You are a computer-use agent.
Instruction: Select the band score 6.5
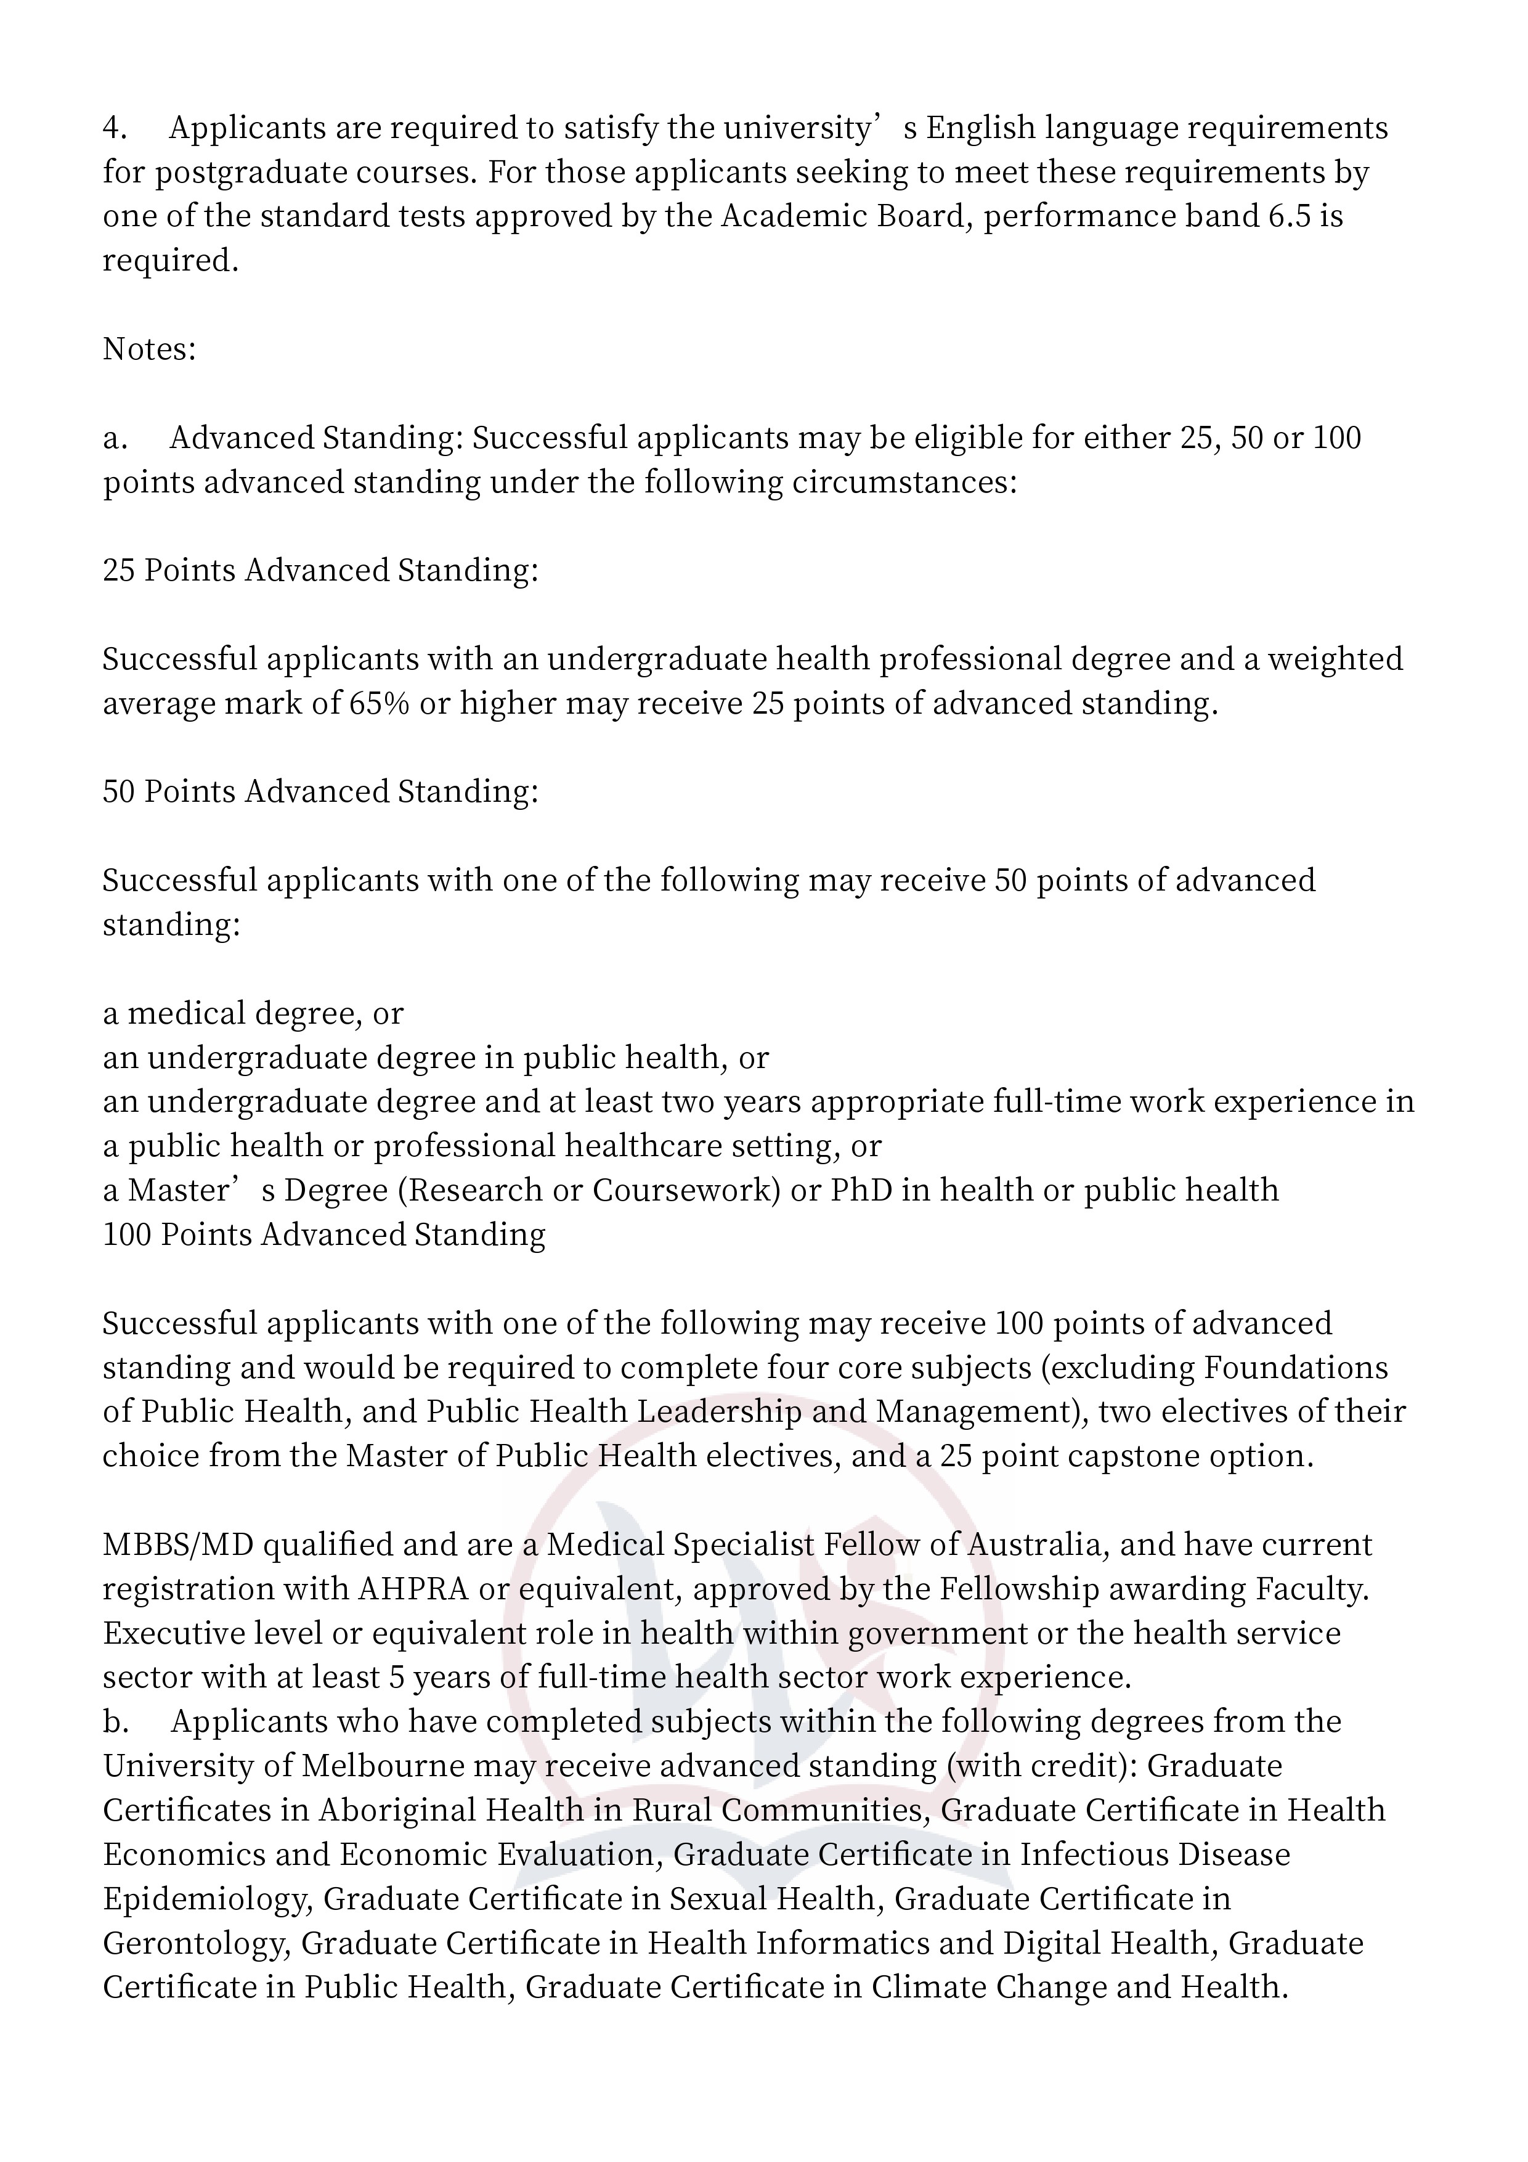1286,216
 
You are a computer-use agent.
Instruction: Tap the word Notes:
148,349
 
